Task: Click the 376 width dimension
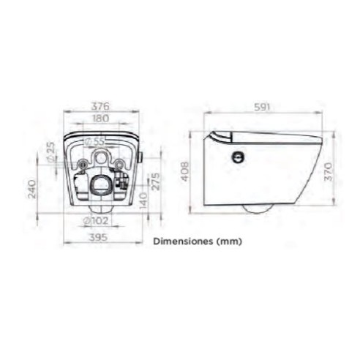(100, 107)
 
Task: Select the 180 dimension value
(101, 119)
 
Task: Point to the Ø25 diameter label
(51, 152)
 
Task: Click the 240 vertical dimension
(32, 189)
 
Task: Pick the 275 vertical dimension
(156, 181)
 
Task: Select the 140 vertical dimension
(143, 200)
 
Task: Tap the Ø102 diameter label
(95, 221)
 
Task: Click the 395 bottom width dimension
(98, 237)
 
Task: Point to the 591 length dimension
(263, 107)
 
